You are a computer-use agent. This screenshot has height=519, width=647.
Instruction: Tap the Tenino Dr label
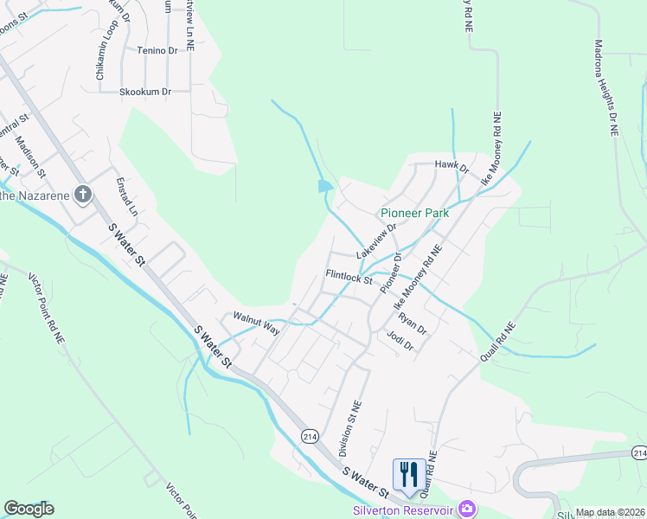(x=157, y=50)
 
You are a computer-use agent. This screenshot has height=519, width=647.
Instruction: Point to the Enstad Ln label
(x=127, y=197)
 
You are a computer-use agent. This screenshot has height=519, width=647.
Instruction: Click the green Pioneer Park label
(x=413, y=213)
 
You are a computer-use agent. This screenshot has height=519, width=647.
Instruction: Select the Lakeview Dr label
(x=375, y=242)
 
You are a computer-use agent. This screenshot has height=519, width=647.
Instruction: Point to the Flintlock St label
(x=349, y=278)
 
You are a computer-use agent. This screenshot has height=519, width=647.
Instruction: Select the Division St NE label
(x=349, y=427)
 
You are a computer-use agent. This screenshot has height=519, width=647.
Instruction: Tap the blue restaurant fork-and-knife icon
(x=408, y=474)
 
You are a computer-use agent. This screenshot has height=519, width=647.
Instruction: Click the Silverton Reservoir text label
(x=403, y=509)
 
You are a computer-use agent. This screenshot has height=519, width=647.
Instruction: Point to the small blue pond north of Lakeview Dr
(x=325, y=185)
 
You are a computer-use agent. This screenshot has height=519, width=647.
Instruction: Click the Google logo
(x=29, y=509)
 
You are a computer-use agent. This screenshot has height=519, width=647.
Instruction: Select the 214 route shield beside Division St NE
(x=311, y=437)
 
